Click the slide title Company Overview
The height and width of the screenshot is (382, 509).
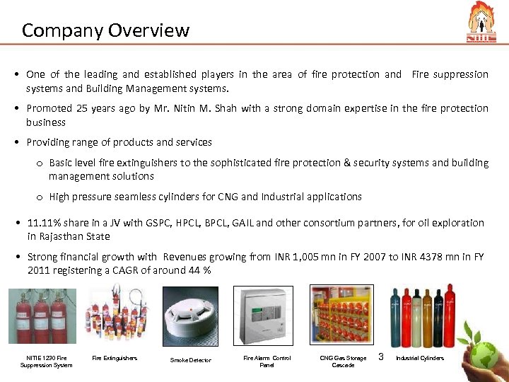pos(105,30)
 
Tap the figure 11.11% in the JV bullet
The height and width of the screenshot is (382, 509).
pos(45,223)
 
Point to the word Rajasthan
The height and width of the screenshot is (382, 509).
pos(65,236)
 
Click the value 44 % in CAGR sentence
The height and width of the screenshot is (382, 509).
pos(200,271)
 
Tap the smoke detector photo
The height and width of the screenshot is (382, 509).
pos(190,317)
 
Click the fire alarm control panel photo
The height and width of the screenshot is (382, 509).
pos(267,317)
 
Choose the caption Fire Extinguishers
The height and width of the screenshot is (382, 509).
pos(115,358)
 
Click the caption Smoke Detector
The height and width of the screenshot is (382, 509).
pos(191,361)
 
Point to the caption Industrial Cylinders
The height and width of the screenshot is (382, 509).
pos(420,358)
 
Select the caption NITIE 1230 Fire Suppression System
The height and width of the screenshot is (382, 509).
pos(47,361)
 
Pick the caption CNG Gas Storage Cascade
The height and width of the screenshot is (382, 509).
pos(344,361)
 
